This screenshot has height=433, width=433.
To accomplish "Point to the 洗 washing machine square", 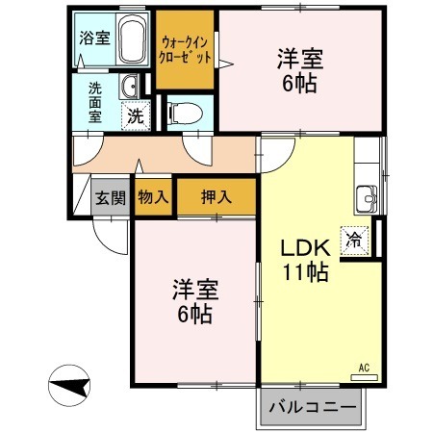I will coord(138,115).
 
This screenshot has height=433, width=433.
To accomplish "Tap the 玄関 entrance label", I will coord(110,198).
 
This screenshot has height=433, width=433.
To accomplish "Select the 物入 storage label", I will coord(153,198).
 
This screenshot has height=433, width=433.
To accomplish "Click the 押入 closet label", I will coord(216,198).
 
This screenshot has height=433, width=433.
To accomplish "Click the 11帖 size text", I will coord(305,272).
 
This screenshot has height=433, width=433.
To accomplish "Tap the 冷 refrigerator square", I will coord(355,240).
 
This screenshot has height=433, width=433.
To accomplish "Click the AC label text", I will coord(364,367).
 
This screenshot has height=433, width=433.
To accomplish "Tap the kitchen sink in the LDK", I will coord(367,197).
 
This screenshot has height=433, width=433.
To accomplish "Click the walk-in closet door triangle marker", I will coord(225,64).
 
